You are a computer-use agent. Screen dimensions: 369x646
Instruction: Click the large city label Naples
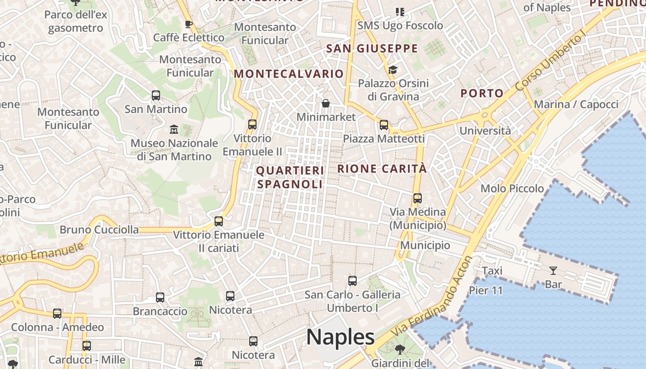click(x=340, y=337)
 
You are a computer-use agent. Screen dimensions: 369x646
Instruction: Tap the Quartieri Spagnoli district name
click(x=290, y=178)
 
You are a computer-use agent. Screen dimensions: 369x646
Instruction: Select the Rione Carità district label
click(x=382, y=169)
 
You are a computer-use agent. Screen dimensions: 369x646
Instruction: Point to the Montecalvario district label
click(x=289, y=74)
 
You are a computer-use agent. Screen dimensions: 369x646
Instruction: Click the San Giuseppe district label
click(x=372, y=48)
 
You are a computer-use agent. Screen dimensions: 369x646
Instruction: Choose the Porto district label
click(x=482, y=93)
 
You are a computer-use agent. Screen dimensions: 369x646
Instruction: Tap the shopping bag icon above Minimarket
click(x=326, y=103)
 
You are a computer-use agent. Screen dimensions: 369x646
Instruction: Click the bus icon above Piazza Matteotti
click(x=384, y=125)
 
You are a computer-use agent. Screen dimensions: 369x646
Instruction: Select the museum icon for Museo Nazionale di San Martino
click(x=174, y=129)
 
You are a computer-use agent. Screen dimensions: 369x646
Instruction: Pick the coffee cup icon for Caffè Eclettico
click(x=188, y=24)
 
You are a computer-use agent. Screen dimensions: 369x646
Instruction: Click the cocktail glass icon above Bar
click(x=553, y=270)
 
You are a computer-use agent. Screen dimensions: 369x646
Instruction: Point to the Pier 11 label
click(x=485, y=291)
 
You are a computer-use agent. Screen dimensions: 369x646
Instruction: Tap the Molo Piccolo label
click(x=512, y=188)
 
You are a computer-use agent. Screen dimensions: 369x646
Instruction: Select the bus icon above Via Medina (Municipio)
click(x=418, y=198)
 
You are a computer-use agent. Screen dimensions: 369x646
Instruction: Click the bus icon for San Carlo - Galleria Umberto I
click(x=353, y=280)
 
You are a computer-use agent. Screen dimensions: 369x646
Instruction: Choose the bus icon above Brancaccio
click(x=160, y=298)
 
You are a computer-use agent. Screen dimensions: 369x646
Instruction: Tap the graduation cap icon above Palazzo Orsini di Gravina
click(x=393, y=70)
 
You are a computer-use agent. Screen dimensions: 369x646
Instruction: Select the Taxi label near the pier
click(x=492, y=271)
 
